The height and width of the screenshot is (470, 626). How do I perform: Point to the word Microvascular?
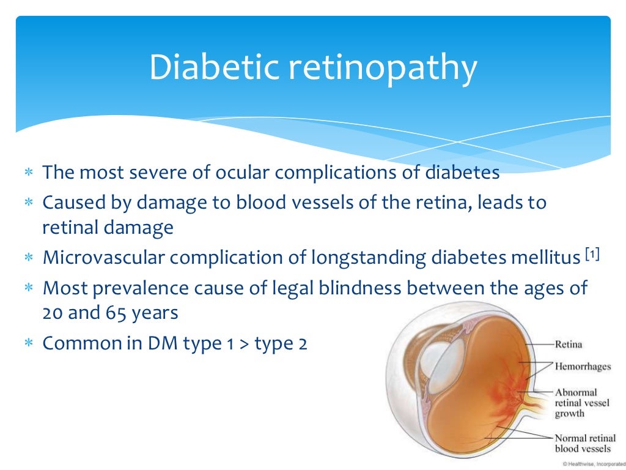(x=103, y=258)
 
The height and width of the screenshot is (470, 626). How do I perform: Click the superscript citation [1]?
(x=591, y=253)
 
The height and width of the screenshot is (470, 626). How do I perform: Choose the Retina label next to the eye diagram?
(x=568, y=345)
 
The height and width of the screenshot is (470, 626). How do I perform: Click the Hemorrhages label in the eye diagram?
(x=583, y=367)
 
